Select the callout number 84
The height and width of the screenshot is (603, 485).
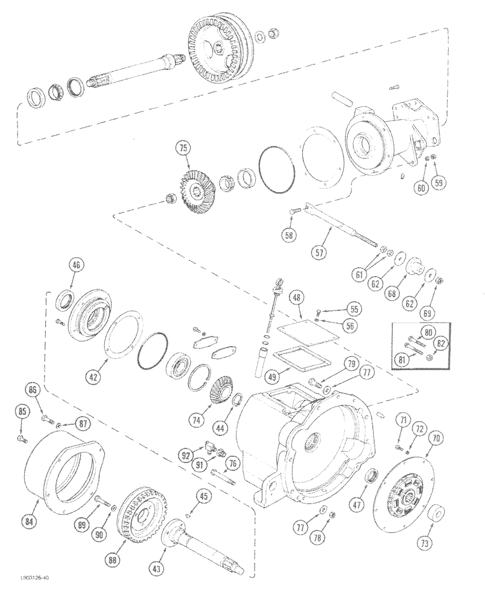[x=29, y=520]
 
